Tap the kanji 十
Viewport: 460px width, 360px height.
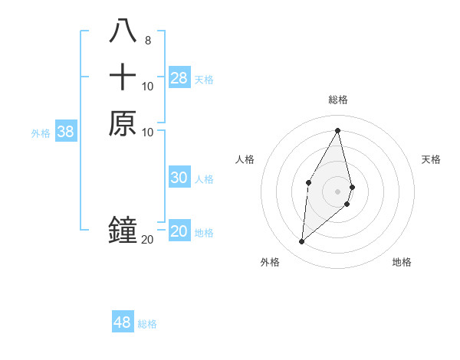pos(123,77)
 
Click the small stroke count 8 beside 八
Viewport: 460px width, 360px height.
pos(147,41)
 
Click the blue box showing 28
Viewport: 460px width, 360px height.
pos(179,77)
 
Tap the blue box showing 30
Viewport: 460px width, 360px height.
pos(179,178)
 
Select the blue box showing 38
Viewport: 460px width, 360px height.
pos(66,132)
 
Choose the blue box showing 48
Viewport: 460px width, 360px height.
pos(123,322)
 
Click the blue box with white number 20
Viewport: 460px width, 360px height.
pos(179,231)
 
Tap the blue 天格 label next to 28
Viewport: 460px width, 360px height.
pos(204,80)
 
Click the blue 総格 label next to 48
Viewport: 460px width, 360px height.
pos(147,324)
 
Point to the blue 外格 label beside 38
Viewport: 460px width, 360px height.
pos(41,133)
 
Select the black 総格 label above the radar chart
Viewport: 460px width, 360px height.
pos(338,100)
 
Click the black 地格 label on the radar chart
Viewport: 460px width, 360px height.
pos(402,262)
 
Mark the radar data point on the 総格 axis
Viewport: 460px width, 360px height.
pos(338,129)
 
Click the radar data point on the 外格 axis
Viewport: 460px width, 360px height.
pos(302,242)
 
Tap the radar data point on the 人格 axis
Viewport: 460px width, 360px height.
pos(308,182)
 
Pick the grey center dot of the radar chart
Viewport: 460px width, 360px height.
pos(338,191)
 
